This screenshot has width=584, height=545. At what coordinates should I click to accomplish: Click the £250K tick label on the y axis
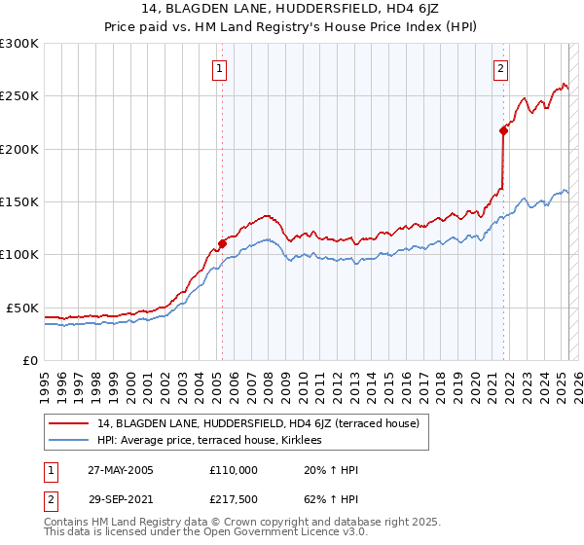coord(19,96)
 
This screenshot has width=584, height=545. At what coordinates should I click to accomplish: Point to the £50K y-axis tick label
coord(22,308)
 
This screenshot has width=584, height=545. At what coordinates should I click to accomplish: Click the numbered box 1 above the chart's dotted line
coord(221,69)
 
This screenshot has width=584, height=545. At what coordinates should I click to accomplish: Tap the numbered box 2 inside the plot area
coord(500,69)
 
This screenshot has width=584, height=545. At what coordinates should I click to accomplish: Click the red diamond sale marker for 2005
coord(222,243)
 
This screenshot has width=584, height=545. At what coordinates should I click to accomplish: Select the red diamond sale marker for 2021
coord(503,129)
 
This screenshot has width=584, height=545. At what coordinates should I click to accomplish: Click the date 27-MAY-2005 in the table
coord(121,470)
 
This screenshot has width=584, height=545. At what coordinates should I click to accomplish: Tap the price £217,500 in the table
coord(233,500)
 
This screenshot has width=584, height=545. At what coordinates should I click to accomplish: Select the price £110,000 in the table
coord(233,470)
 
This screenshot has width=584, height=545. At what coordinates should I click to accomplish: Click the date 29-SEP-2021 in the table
coord(120,500)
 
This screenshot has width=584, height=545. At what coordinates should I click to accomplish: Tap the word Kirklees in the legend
coord(312,440)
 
